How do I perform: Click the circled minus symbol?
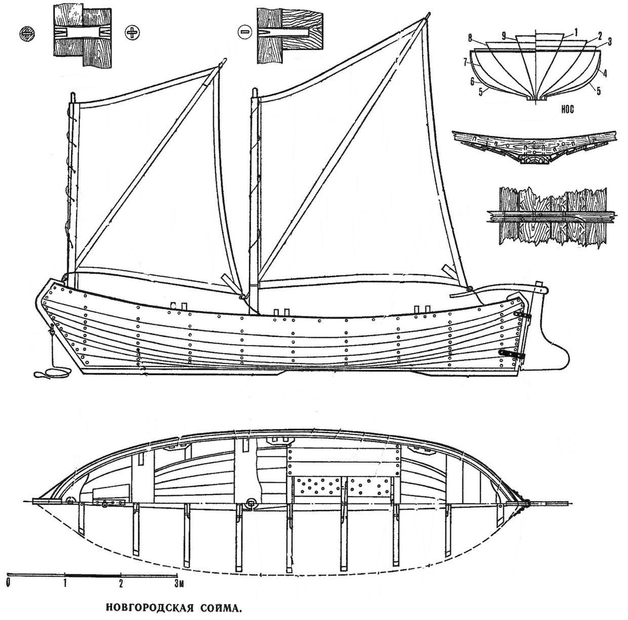[244, 32]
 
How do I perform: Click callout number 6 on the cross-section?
[472, 81]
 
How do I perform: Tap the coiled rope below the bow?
[46, 374]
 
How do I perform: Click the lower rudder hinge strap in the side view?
[512, 354]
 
